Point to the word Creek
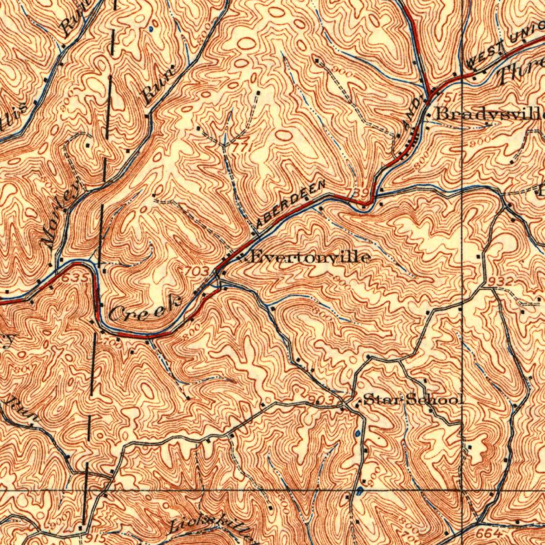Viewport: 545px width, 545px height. [145, 309]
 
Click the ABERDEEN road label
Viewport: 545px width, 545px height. [291, 204]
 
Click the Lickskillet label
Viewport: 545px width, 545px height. [211, 526]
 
